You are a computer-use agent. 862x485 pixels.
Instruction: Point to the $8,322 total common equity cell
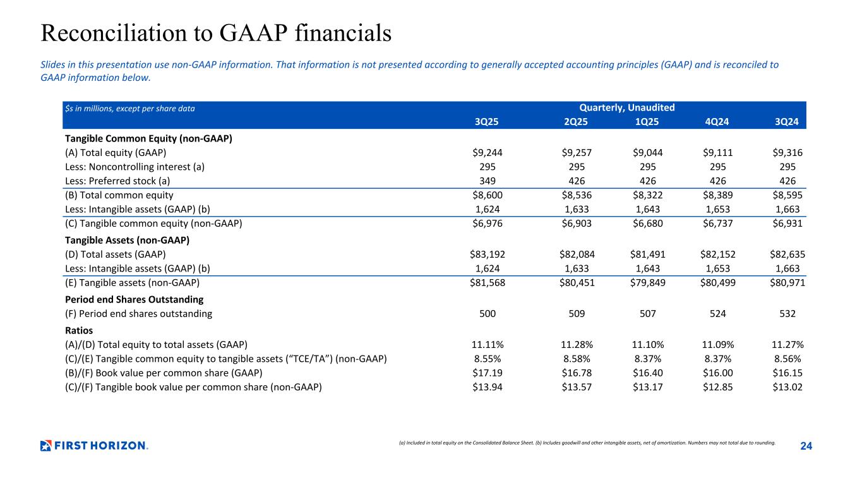(x=648, y=196)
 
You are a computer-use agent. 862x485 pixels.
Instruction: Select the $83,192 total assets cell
(x=486, y=254)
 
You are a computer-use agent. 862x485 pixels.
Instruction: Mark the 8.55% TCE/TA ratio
(x=489, y=359)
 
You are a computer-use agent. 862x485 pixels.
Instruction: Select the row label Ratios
(x=79, y=330)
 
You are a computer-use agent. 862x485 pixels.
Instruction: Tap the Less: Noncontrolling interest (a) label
(x=135, y=167)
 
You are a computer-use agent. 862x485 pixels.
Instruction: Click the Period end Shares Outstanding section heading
(x=134, y=299)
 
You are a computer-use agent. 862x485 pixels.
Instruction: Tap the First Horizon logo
(x=94, y=446)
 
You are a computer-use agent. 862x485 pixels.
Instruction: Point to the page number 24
(x=806, y=446)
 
